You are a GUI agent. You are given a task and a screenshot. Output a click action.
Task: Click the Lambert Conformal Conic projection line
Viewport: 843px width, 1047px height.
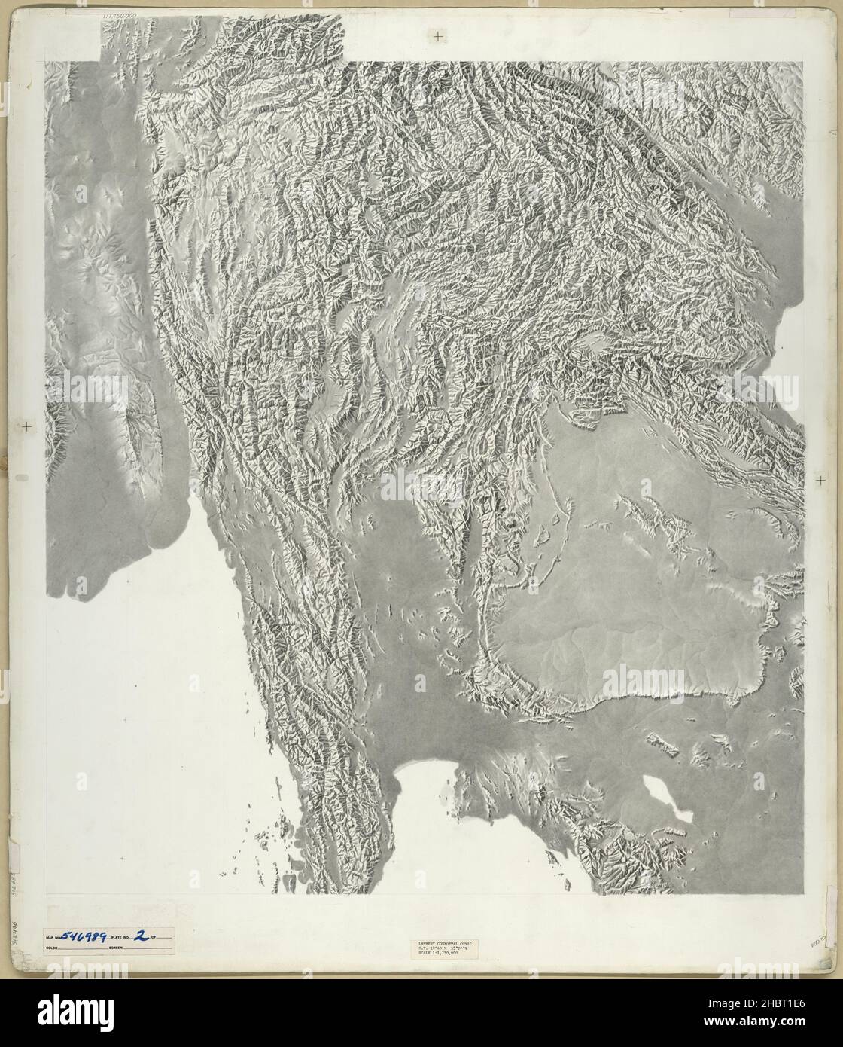coord(443,942)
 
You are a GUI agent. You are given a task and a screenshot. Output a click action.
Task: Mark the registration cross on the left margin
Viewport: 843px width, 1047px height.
coord(28,426)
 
